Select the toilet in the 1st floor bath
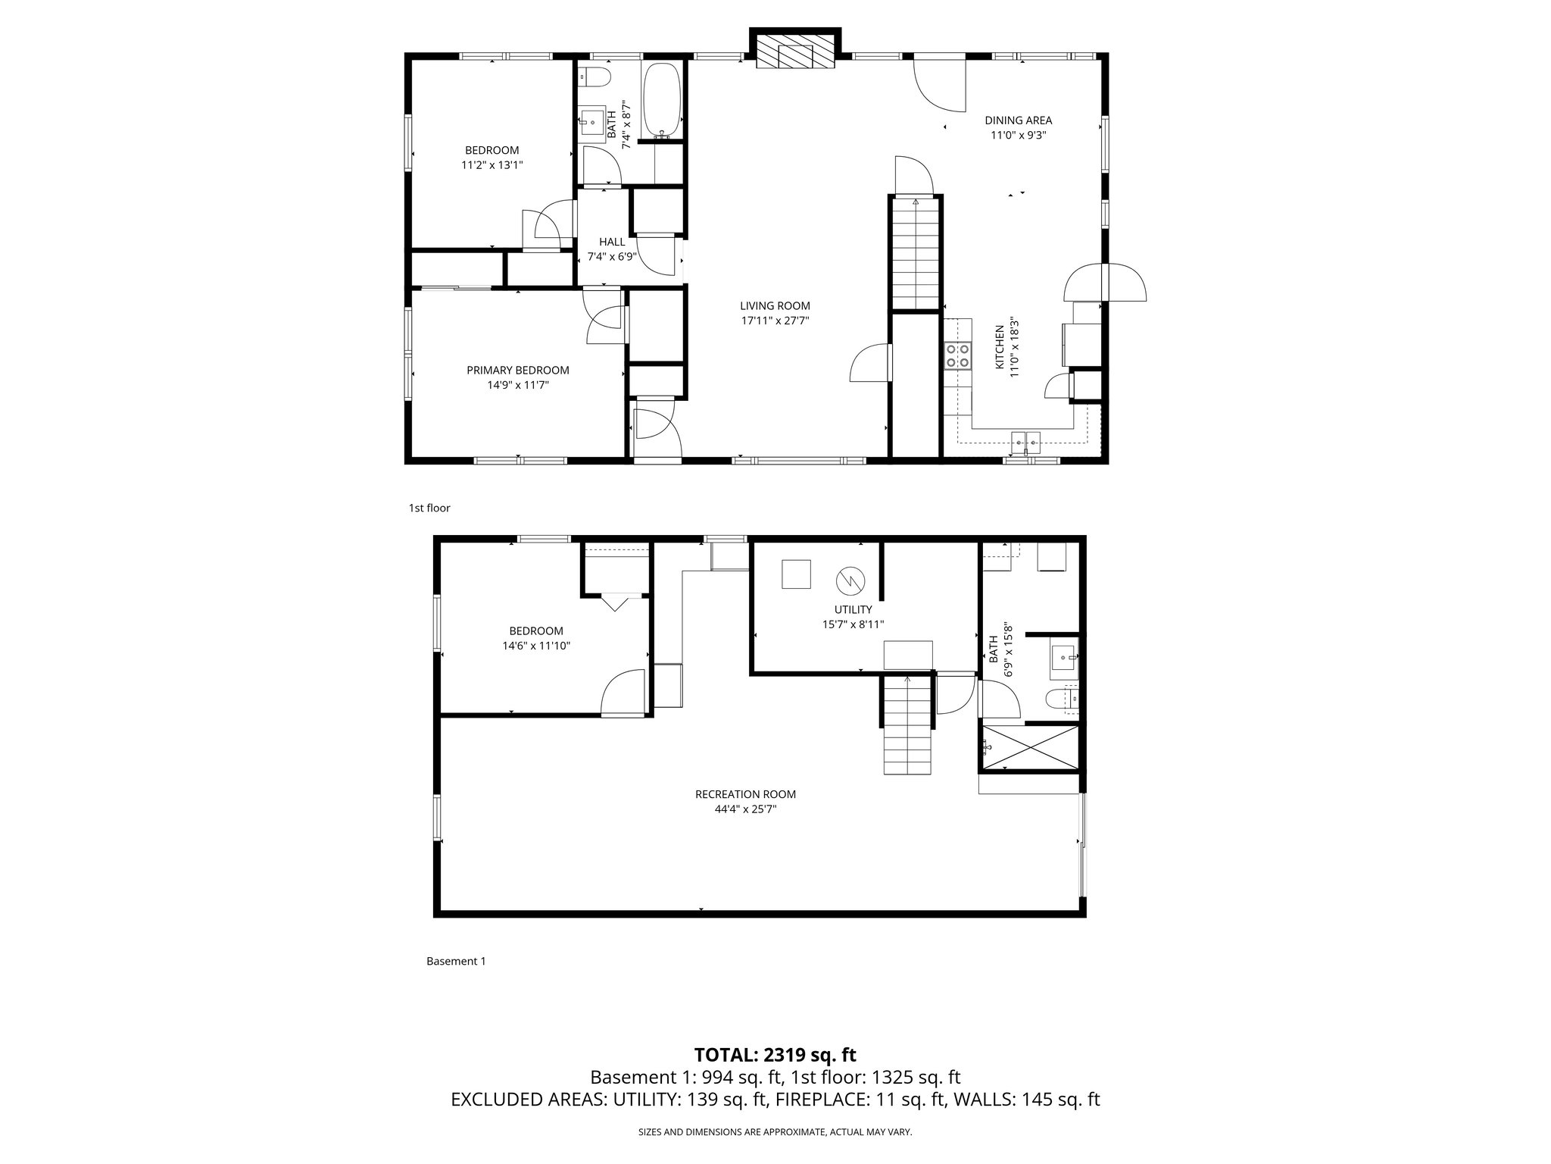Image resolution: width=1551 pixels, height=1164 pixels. pos(594,77)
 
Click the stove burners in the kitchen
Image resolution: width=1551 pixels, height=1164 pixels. pos(957,355)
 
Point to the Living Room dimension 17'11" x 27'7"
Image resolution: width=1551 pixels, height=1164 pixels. pos(775,321)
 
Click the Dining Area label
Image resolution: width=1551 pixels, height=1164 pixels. pos(1018,120)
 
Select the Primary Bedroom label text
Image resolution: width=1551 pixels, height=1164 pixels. pos(517,370)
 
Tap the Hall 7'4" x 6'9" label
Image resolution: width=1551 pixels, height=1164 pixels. pos(612,249)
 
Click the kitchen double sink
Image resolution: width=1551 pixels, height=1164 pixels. pos(1026,440)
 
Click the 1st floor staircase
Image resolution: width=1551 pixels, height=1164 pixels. pos(915,254)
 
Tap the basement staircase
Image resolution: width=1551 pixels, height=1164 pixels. pos(907,725)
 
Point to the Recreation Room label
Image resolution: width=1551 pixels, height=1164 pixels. pos(745,794)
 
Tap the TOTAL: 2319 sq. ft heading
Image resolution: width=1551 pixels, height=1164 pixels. pos(775,1055)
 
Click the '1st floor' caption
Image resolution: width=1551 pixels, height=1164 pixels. pos(429,508)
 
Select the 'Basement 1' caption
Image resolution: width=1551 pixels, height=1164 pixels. pos(456,961)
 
